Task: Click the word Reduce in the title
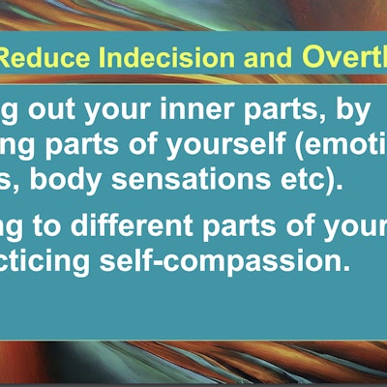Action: tap(40, 60)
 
